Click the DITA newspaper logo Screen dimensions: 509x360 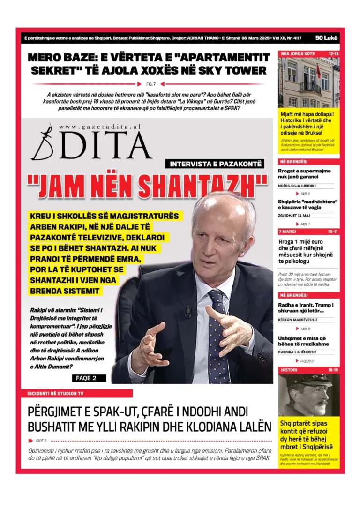pos(91,143)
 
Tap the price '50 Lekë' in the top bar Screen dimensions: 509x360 pos(327,37)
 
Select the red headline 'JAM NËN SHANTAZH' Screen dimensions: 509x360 pos(147,186)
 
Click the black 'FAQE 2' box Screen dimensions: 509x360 pos(89,378)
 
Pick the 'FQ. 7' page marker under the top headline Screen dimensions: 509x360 pos(151,84)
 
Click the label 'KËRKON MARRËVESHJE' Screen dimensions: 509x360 pos(299,319)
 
